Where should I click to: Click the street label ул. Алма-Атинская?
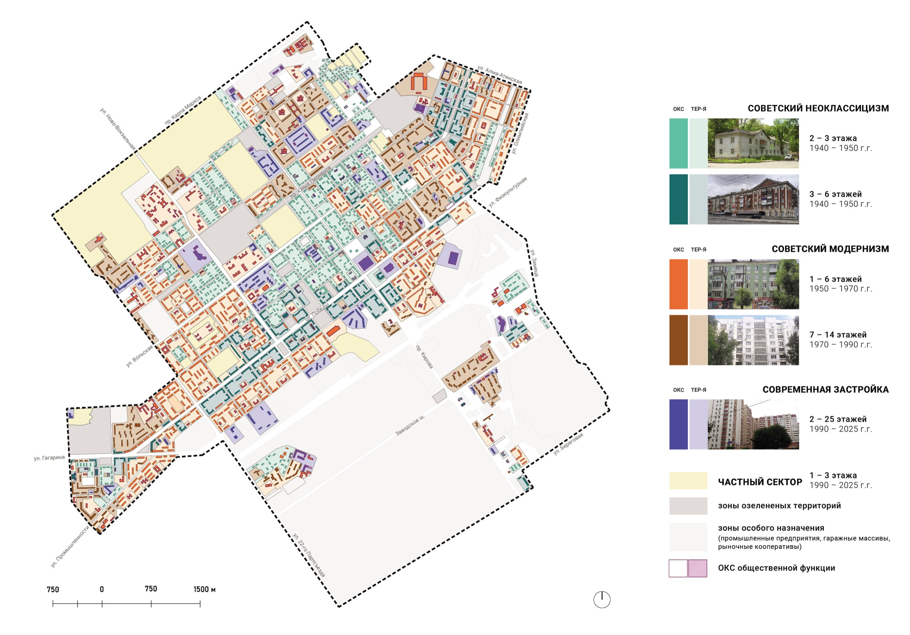pos(499,75)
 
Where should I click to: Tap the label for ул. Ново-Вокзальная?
pos(118,129)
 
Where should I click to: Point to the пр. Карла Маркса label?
pos(183,110)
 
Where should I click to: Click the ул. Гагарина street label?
pos(49,458)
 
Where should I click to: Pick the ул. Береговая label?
pos(568,444)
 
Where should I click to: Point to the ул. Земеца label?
pos(534,263)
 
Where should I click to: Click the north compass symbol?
pos(602,600)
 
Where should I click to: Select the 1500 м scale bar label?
pos(205,589)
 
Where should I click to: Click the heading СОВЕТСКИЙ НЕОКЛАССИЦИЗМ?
pos(818,108)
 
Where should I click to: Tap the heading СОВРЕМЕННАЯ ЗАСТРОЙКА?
pos(826,389)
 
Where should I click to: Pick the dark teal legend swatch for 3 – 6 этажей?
pos(678,200)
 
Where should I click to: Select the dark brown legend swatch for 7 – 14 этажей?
pos(678,340)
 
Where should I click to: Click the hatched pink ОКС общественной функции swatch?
pos(697,568)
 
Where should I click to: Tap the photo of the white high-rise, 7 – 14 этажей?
pos(753,340)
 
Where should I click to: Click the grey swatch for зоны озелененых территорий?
pos(688,506)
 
